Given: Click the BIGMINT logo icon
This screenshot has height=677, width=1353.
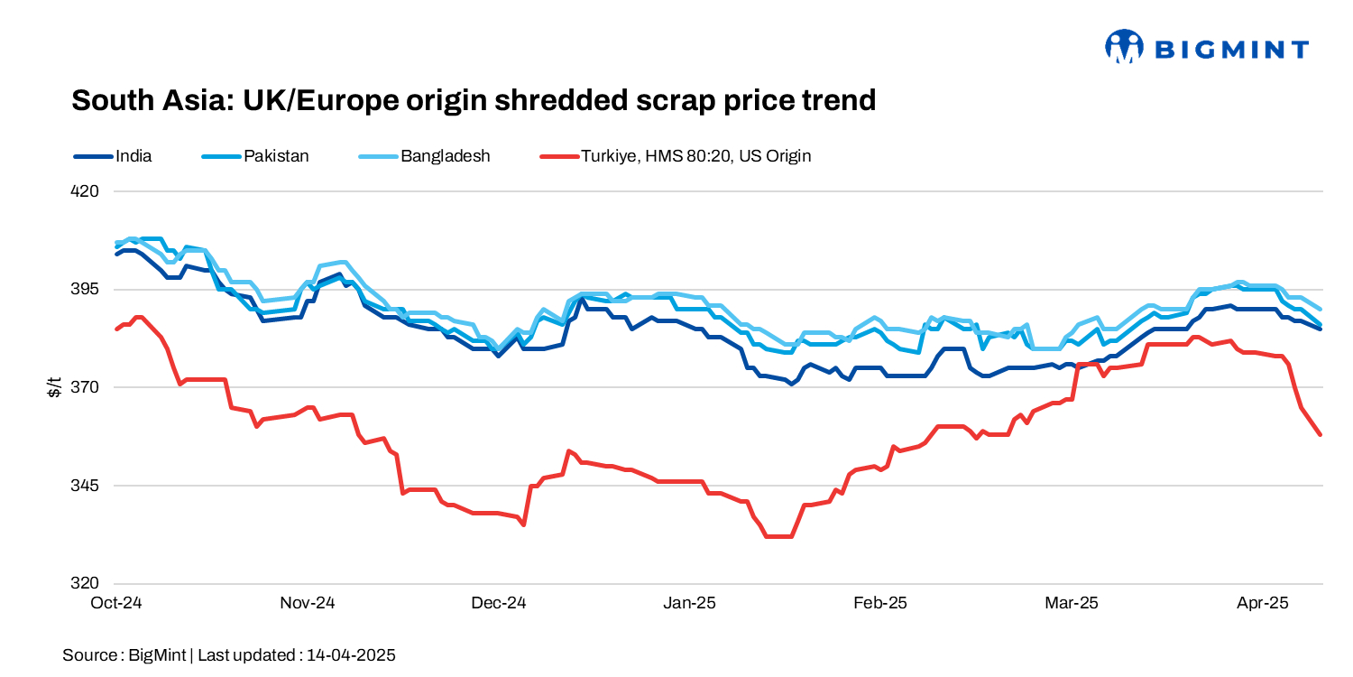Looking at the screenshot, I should click(1124, 47).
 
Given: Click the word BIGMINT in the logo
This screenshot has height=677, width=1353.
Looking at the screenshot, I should click(1231, 49).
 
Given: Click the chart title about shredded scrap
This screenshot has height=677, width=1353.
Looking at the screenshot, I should click(474, 100).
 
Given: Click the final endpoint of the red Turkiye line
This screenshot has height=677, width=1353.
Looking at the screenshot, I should click(1321, 435).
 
